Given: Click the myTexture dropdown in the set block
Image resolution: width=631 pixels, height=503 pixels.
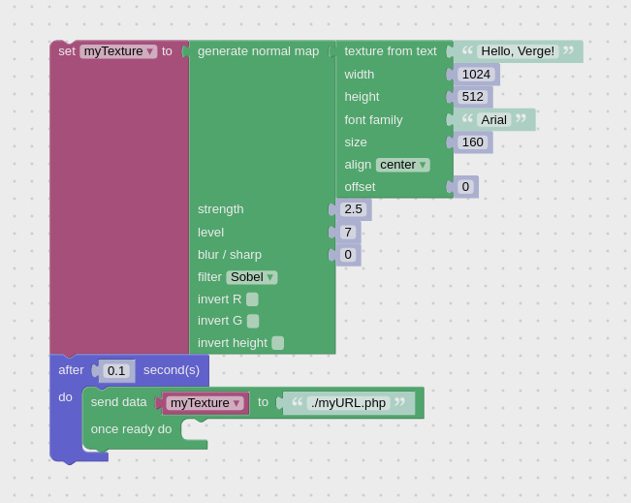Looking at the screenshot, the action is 118,51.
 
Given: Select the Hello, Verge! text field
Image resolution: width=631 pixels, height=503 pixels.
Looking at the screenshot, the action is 518,51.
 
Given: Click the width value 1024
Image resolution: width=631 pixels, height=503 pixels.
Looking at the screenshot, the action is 476,75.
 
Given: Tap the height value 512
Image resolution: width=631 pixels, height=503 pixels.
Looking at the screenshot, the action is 472,97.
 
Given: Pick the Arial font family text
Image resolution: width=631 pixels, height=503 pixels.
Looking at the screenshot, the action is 493,119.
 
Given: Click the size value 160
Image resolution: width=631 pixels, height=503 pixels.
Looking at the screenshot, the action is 472,142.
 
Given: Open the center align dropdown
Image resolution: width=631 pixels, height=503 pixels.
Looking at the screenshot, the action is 403,165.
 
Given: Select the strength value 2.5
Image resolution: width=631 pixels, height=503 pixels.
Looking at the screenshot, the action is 353,209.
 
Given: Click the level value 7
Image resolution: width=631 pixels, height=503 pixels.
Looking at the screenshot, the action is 348,233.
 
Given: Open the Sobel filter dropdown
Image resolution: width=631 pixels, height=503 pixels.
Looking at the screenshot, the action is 251,277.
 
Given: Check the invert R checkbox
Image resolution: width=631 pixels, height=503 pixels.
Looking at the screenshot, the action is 252,299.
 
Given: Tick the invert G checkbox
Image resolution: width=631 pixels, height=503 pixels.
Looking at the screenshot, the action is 253,321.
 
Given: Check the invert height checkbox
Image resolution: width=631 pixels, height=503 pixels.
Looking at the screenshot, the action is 277,343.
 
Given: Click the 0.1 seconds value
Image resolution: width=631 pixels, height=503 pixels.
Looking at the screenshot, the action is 116,370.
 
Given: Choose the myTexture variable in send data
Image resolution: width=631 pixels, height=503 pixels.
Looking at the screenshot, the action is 205,403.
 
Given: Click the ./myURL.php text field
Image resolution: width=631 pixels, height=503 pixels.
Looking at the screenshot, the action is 349,403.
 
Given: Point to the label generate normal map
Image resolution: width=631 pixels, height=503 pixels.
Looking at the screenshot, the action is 259,51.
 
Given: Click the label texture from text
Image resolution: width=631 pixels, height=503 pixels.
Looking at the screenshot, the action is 391,51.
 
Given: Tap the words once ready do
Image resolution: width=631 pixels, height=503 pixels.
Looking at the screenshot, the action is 131,429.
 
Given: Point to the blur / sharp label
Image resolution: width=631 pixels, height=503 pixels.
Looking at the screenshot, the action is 230,255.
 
